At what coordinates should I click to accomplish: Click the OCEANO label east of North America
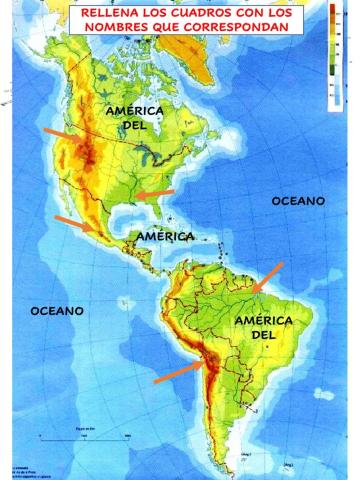coord(298,201)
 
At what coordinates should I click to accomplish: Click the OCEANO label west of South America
coord(56,311)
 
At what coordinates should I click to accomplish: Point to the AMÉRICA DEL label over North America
coord(135,118)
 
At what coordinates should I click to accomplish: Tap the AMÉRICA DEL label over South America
coord(262,327)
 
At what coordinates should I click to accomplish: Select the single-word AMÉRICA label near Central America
coord(165,237)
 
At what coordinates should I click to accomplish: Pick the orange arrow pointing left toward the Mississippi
coord(155,193)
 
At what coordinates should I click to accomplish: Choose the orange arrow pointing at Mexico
coord(76,224)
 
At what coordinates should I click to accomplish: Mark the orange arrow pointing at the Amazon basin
coord(268,277)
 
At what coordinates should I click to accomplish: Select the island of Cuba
coord(170,224)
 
